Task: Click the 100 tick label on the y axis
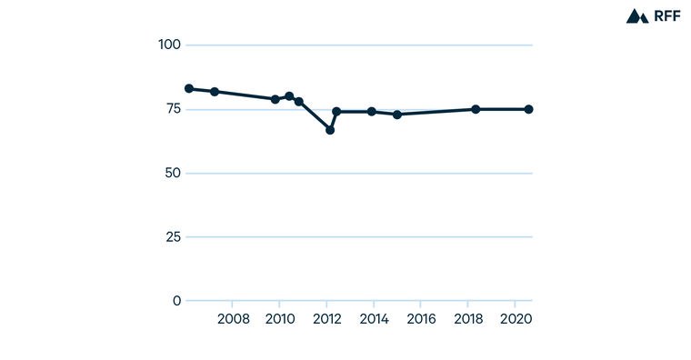point(169,45)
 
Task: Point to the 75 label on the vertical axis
point(173,109)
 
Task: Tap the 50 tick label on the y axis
point(173,173)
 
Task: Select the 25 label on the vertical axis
point(173,237)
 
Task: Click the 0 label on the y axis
point(177,301)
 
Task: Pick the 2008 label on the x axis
point(233,319)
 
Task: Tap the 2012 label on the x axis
point(326,319)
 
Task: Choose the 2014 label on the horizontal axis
point(374,319)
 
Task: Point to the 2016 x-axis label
point(421,319)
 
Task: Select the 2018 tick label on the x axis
point(468,319)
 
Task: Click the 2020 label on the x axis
point(516,319)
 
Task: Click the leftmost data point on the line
point(189,88)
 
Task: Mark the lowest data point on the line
point(330,130)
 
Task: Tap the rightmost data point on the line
point(528,109)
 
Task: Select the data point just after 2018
point(476,109)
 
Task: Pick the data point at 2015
point(397,115)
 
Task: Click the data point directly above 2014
point(372,112)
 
